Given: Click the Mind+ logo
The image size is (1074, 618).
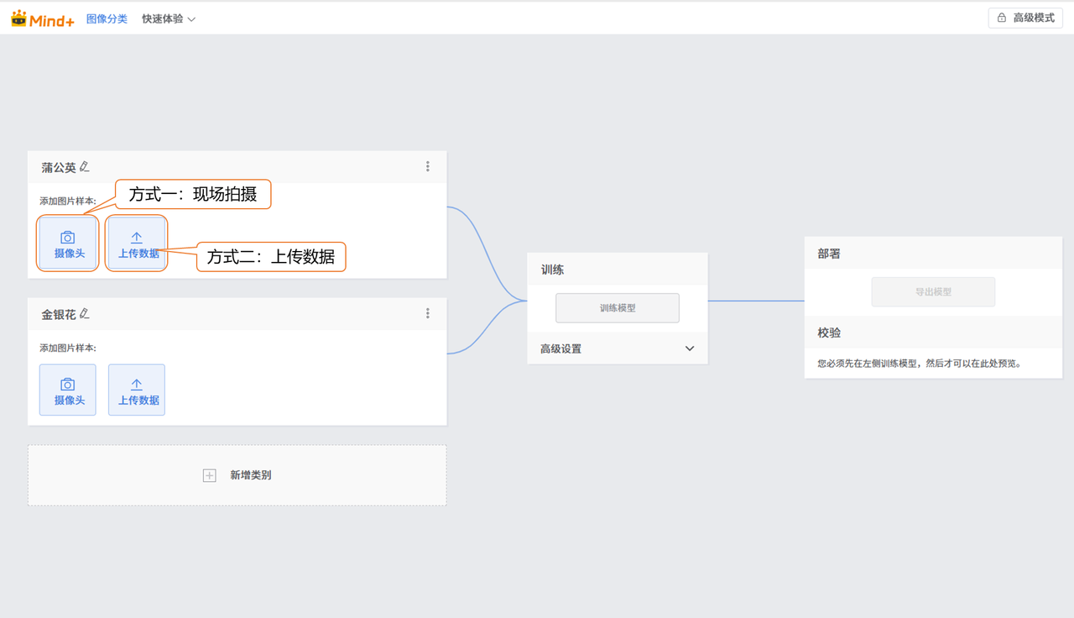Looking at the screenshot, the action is (43, 18).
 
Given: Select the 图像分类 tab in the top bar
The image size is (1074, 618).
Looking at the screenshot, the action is (107, 18).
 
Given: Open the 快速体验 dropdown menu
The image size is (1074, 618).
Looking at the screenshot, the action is (169, 18).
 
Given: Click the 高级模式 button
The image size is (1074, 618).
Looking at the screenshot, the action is (1025, 18).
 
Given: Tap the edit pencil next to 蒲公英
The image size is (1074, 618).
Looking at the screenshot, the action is (85, 166).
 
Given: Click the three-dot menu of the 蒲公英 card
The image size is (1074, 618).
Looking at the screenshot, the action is (428, 166).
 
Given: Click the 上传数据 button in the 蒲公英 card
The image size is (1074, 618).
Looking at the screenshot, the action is (137, 244).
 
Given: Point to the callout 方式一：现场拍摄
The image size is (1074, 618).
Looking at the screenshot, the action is (193, 194).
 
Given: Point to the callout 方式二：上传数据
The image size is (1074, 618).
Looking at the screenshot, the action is (271, 257).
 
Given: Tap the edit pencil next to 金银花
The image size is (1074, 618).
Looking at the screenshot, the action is (85, 314).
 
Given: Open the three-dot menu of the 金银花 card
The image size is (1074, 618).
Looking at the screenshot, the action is (428, 314).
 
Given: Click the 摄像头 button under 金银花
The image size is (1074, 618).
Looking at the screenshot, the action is (68, 390).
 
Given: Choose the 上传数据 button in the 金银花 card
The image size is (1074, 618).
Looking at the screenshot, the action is (137, 390).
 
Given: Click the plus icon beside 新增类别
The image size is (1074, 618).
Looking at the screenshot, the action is (210, 475).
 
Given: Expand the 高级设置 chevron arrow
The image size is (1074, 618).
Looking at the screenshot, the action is (690, 348).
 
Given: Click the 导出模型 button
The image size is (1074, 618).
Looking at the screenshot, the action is (933, 291).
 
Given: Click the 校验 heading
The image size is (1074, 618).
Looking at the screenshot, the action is (829, 333).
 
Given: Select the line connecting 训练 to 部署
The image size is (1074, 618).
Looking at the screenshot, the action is (756, 301).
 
